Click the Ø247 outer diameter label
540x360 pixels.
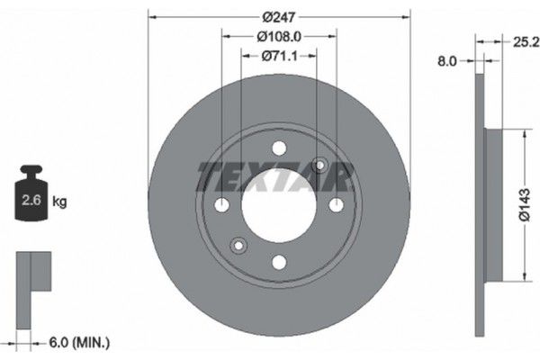pyautogui.click(x=279, y=15)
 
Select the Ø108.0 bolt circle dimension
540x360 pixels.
pyautogui.click(x=279, y=36)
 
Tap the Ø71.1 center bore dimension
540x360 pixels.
pyautogui.click(x=279, y=56)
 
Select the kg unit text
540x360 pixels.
pyautogui.click(x=60, y=202)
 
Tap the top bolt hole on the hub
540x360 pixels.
pyautogui.click(x=279, y=149)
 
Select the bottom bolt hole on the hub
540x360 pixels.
pyautogui.click(x=279, y=262)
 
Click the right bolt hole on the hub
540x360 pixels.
pyautogui.click(x=336, y=205)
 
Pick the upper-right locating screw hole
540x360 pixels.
pyautogui.click(x=319, y=165)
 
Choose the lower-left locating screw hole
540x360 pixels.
pyautogui.click(x=238, y=245)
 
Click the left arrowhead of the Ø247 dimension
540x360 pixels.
pyautogui.click(x=152, y=15)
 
